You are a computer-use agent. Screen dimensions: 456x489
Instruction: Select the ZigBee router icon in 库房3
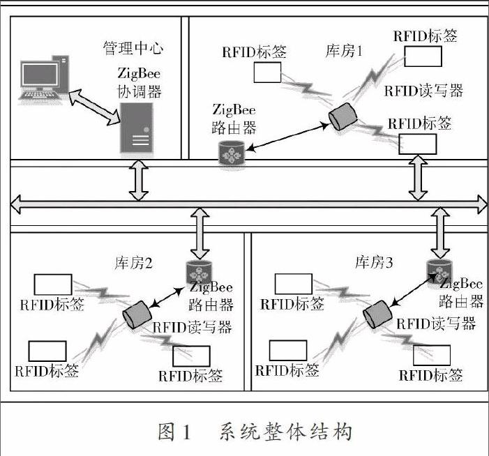439,271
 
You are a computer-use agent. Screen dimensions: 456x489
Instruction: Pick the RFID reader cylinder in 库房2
137,315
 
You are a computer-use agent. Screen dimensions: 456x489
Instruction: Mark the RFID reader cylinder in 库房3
377,312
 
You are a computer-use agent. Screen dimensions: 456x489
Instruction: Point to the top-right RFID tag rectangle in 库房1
425,56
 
